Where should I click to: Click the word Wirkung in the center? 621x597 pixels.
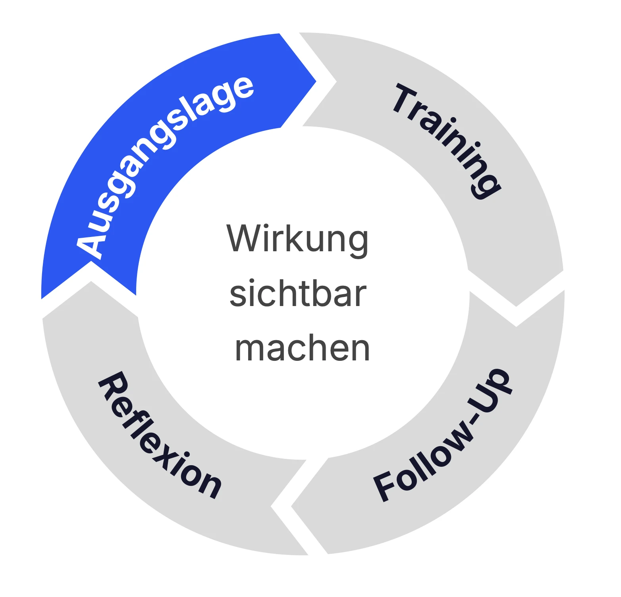[297, 239]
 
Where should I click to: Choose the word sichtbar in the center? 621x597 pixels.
[298, 294]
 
